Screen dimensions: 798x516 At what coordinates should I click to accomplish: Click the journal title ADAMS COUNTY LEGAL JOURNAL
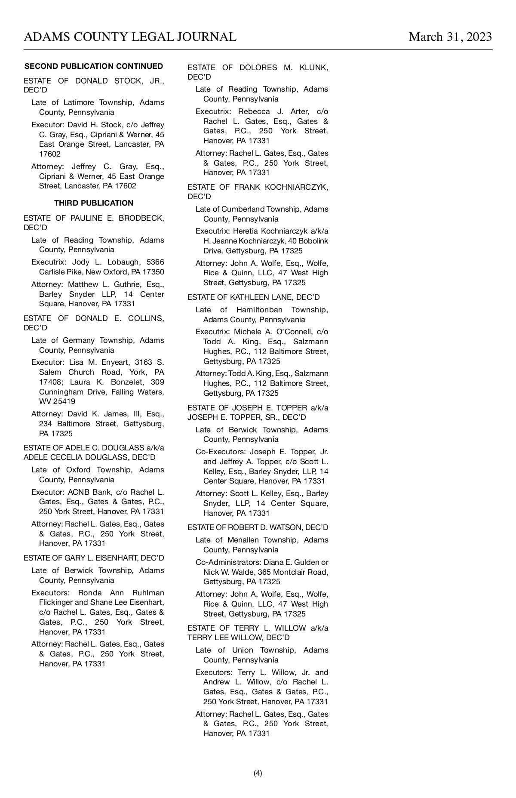pos(130,37)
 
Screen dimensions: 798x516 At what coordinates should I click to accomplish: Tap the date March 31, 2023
pos(450,37)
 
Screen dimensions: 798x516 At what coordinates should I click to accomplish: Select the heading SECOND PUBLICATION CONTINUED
pos(94,66)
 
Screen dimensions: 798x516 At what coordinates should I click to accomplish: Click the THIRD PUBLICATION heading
pos(94,203)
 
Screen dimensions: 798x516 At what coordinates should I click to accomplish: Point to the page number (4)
pos(258,773)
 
